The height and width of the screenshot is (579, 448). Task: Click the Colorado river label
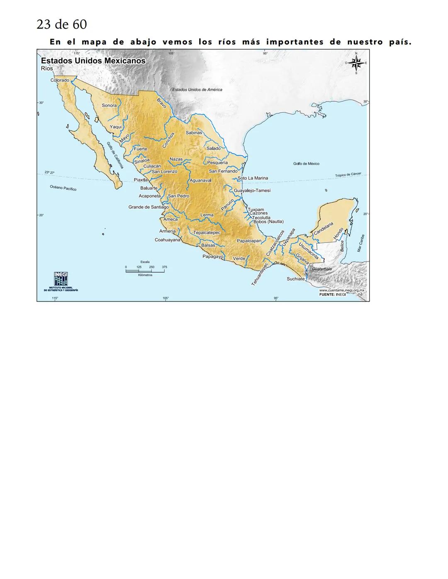60,80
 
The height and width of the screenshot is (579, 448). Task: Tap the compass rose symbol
355,63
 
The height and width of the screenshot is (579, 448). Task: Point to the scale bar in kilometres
145,271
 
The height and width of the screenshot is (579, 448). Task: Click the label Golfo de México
306,164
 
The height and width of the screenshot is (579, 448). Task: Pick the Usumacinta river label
309,251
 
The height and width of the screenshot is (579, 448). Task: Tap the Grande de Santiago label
149,207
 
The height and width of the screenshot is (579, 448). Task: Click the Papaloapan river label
249,240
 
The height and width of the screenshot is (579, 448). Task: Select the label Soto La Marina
253,178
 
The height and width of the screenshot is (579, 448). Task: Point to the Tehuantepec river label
260,274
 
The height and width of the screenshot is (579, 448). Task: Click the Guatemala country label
322,269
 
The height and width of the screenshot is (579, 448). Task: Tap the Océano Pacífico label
63,188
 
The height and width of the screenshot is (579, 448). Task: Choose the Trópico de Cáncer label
348,175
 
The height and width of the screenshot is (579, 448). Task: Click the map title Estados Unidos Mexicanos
93,61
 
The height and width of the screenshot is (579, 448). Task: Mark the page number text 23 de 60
62,24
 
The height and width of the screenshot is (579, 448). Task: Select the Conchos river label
168,140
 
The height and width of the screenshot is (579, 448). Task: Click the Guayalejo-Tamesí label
252,191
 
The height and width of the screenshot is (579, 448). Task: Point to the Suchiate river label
296,279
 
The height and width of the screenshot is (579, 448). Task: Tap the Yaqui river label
116,127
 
